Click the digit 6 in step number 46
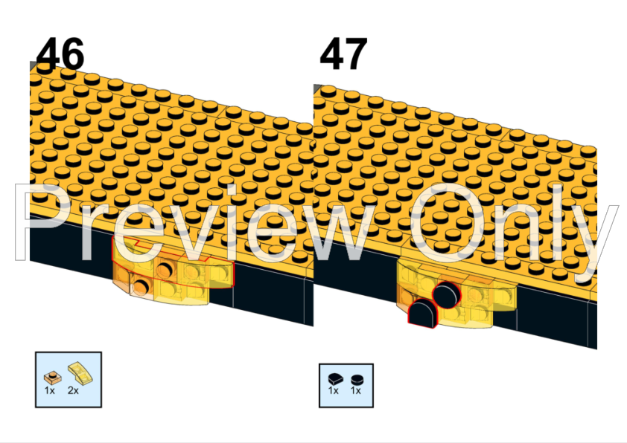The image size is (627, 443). click(x=72, y=54)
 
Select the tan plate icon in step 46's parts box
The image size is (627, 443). click(x=52, y=377)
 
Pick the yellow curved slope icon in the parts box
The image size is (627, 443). click(x=80, y=372)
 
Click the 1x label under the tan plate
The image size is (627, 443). click(x=50, y=391)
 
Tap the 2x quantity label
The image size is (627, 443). click(x=73, y=391)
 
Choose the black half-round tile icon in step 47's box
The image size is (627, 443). click(x=336, y=378)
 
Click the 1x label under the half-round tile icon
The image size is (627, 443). click(x=333, y=391)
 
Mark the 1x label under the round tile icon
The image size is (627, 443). click(x=355, y=391)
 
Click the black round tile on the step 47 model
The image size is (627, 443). click(x=447, y=295)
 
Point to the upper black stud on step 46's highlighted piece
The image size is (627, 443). click(x=165, y=271)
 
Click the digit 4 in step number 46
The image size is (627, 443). click(x=48, y=54)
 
